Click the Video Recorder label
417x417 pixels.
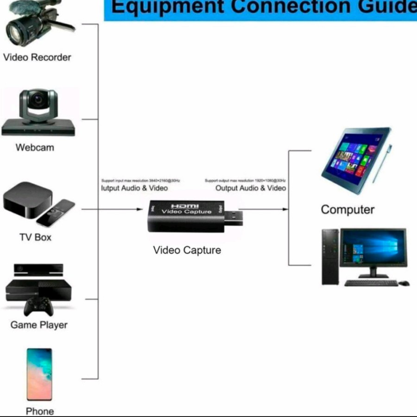(37, 57)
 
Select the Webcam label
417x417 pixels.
(35, 148)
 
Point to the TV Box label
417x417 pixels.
(35, 238)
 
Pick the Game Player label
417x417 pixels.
(39, 325)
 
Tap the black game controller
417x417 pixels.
(38, 306)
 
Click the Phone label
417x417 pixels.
(40, 411)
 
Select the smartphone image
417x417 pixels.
(39, 374)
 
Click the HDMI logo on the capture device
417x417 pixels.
(185, 206)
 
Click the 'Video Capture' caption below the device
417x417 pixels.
(187, 251)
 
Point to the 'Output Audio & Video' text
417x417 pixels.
(251, 188)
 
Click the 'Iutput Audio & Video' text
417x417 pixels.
(134, 188)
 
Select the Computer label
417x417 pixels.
(347, 210)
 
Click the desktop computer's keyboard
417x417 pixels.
(371, 283)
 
